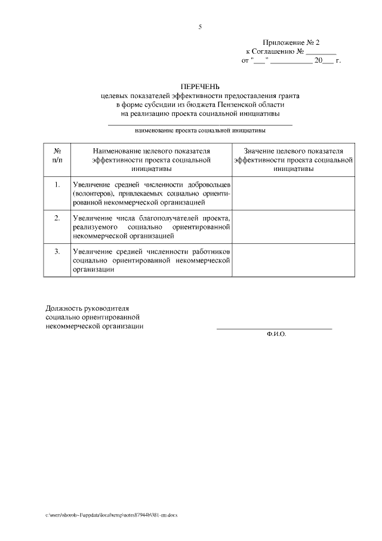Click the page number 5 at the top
click(201, 26)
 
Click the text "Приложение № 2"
click(292, 43)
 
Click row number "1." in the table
click(57, 184)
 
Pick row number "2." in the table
click(57, 218)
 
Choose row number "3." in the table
click(57, 251)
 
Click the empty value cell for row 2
click(294, 227)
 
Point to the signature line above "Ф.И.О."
click(274, 328)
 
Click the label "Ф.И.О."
click(276, 334)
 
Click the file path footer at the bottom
click(112, 514)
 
